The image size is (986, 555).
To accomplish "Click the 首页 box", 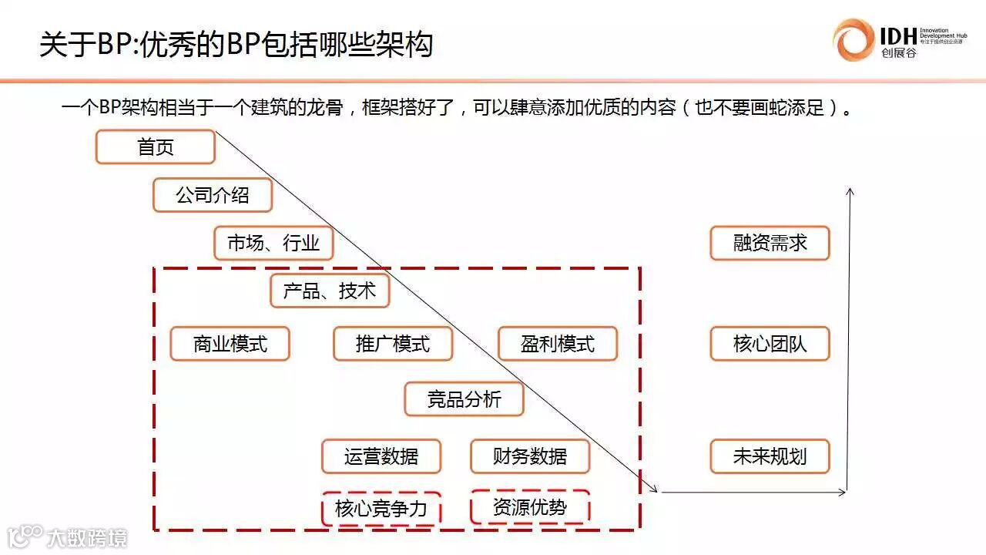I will coord(155,147).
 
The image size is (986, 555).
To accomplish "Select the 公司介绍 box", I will coord(213,195).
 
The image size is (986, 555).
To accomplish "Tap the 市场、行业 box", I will coord(273,244).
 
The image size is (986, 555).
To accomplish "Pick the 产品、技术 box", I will coord(330,291).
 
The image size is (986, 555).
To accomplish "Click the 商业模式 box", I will coord(230,344).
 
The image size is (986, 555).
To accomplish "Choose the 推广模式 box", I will coord(393,344).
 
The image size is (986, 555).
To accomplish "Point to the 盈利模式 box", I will coord(558,344).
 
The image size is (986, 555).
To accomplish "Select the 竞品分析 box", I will coord(464,399).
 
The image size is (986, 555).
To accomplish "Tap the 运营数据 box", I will coord(381,456).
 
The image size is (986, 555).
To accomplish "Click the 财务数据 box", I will coord(530,456).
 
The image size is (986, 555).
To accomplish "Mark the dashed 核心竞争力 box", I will coord(381,509).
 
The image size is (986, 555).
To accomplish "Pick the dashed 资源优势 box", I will coord(530,507).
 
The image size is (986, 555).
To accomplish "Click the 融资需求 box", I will coord(770,244).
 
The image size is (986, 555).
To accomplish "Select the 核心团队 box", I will coord(770,344).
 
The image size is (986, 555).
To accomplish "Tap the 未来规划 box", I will coord(770,456).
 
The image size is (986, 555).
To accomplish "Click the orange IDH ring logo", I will coord(854,39).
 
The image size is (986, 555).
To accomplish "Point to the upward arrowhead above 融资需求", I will coord(850,191).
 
